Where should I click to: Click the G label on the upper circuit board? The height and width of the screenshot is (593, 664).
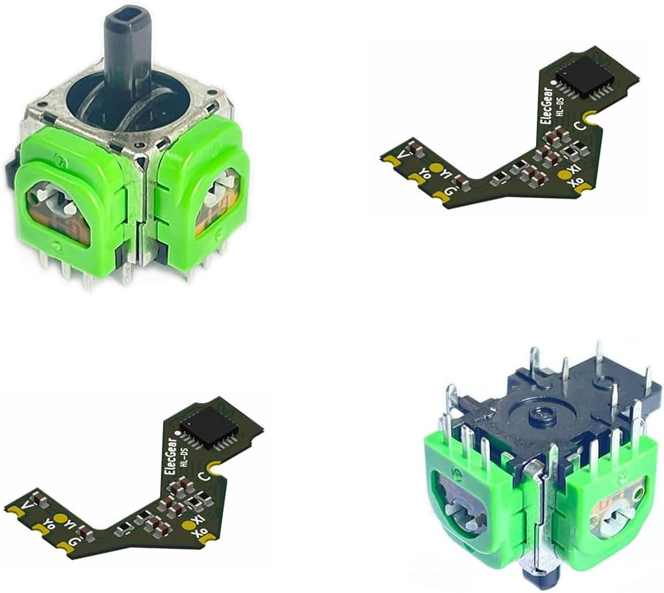448,192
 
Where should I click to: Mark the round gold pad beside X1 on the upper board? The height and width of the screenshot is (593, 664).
564,175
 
